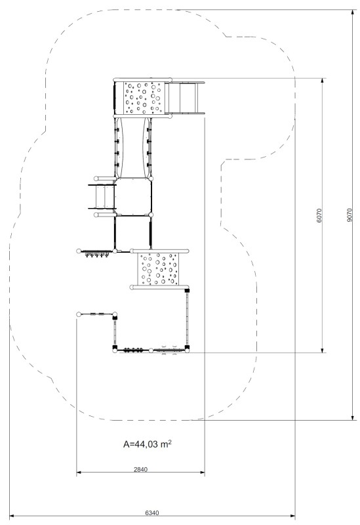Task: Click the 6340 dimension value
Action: (152, 513)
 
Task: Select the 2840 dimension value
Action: (140, 469)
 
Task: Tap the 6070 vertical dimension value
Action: (319, 216)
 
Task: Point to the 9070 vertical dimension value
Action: (350, 215)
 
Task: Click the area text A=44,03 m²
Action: (147, 444)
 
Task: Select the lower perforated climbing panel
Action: (159, 269)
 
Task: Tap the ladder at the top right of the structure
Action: (186, 98)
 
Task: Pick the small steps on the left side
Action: (102, 196)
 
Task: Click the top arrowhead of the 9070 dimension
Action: (353, 12)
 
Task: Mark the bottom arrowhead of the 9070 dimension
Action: (353, 417)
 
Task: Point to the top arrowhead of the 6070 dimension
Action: (323, 81)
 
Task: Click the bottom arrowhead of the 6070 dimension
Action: (323, 350)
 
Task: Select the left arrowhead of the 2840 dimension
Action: (79, 472)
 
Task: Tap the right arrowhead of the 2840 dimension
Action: (202, 472)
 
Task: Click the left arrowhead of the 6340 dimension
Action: (12, 516)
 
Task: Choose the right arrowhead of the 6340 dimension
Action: (292, 516)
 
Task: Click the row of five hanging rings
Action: (97, 255)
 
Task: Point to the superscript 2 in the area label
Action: (170, 442)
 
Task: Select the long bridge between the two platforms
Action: (134, 147)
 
